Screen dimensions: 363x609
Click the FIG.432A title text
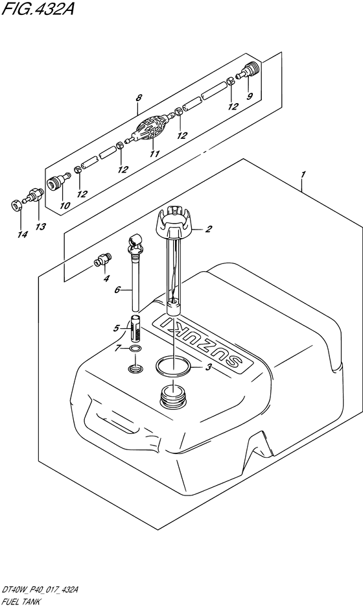pos(38,8)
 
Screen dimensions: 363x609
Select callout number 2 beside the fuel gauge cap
pos(209,229)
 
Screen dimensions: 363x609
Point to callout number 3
pos(209,366)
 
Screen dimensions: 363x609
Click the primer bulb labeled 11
pos(151,128)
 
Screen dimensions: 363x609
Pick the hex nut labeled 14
pos(15,206)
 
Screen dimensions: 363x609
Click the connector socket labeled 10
pos(58,180)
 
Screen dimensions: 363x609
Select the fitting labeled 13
pos(34,194)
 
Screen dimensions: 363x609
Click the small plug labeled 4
pos(102,259)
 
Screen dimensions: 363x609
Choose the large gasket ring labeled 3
pos(172,366)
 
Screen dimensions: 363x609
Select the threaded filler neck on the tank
pos(172,396)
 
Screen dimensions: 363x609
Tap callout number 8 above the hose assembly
pos(139,98)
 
